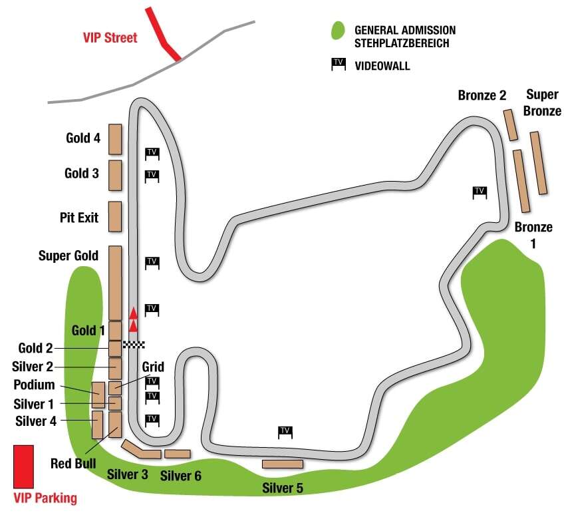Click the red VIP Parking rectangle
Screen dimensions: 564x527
[x=23, y=466]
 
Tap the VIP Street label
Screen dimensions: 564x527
[x=110, y=37]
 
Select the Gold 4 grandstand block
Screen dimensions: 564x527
[x=115, y=139]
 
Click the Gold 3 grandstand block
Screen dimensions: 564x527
[x=115, y=175]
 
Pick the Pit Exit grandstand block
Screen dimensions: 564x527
[x=115, y=216]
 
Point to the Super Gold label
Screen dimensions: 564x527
[x=69, y=256]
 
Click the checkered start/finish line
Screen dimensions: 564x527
[x=134, y=345]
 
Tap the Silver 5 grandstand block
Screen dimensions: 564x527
[x=283, y=464]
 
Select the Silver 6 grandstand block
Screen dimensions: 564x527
[x=178, y=454]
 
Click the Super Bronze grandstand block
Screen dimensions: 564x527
[x=539, y=163]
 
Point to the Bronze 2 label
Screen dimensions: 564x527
[x=482, y=95]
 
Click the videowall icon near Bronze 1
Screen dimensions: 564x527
[x=480, y=192]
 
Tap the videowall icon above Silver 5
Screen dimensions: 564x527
[x=285, y=432]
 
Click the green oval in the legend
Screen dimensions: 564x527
[x=338, y=31]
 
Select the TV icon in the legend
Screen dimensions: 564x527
[x=339, y=64]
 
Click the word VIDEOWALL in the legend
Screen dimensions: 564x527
[x=382, y=66]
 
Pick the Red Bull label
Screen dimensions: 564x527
[x=73, y=463]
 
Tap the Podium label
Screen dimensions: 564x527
[x=34, y=385]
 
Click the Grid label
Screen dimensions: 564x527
[x=153, y=367]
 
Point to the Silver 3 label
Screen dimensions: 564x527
[x=127, y=474]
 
